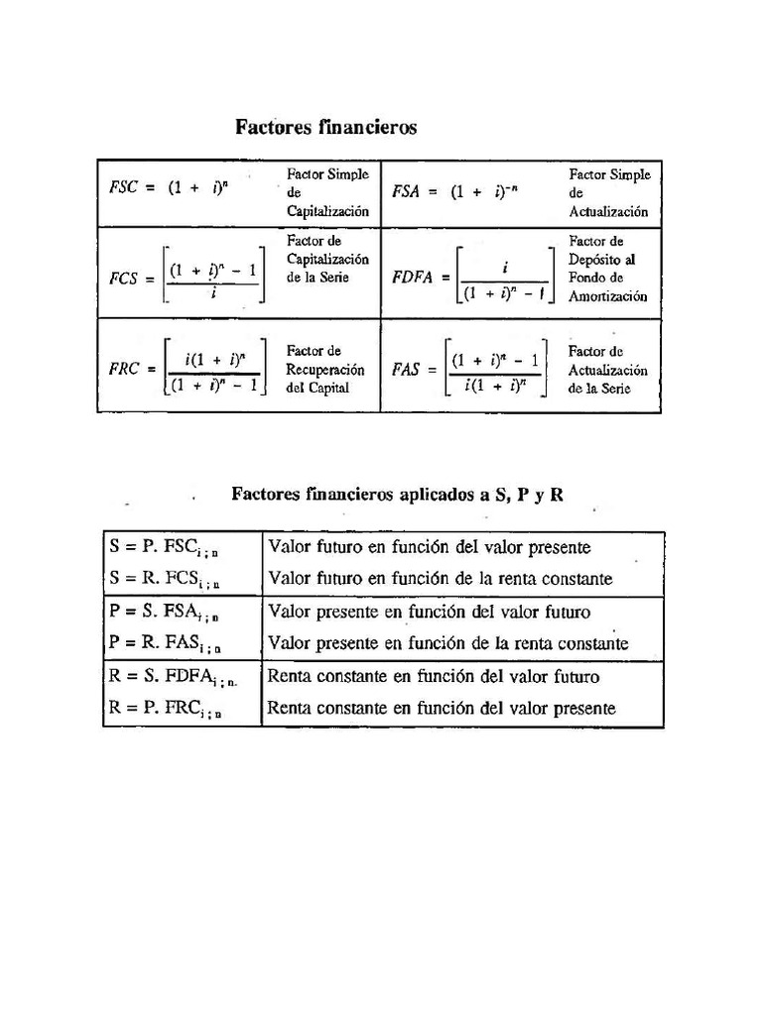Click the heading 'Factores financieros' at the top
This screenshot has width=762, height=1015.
click(x=325, y=128)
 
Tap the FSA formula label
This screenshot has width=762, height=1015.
click(x=407, y=192)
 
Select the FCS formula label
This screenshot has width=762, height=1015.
click(x=126, y=280)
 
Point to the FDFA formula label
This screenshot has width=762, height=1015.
click(x=413, y=279)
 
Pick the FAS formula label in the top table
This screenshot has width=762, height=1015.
click(x=407, y=369)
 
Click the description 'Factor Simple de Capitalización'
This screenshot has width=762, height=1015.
click(x=327, y=192)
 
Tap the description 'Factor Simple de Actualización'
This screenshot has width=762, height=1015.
click(x=609, y=192)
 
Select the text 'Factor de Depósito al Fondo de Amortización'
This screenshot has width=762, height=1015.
click(x=608, y=269)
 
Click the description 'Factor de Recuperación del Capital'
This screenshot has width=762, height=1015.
click(x=325, y=369)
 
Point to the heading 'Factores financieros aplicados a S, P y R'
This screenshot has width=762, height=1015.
click(x=397, y=494)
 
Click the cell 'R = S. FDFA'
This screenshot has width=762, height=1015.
click(x=173, y=678)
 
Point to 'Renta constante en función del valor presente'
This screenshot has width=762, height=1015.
click(x=442, y=709)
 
